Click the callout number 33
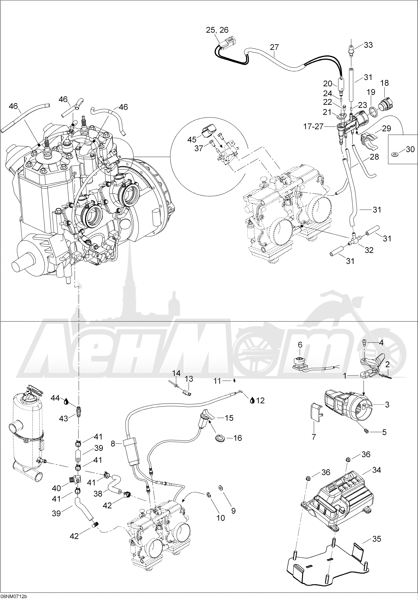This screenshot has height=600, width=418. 368,45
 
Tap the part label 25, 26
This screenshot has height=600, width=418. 217,30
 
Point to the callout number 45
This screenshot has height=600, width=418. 192,140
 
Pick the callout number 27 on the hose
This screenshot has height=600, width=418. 274,47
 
